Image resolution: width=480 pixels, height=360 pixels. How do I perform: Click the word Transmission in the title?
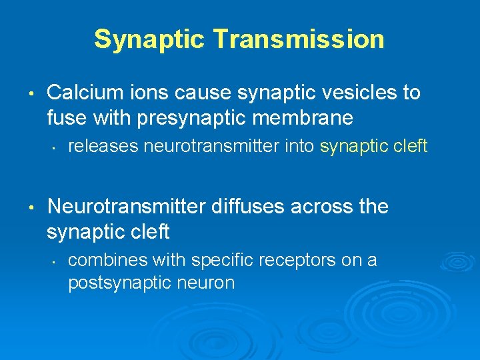coord(299,39)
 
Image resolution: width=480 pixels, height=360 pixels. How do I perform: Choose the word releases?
coord(101,146)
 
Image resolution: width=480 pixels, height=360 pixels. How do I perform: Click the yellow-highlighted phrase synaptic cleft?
coord(373,146)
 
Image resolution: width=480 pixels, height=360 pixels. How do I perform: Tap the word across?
coord(322,207)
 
